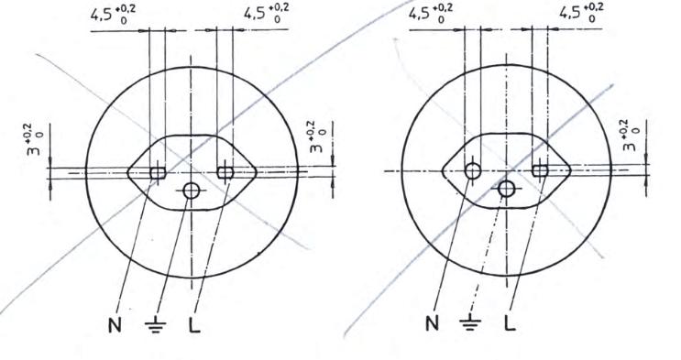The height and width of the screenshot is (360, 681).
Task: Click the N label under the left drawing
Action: pos(115,325)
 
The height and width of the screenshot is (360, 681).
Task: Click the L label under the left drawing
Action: pos(194,325)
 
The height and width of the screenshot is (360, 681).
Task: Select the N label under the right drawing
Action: pos(432,323)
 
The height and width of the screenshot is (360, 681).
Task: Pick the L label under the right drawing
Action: pos(511,323)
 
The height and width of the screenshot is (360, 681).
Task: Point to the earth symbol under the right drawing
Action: pos(470,322)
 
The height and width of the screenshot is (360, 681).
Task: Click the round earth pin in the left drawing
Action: pos(191,191)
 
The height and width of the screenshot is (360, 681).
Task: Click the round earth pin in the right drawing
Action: pos(507,189)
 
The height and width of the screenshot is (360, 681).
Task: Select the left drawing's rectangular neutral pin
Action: pos(158,173)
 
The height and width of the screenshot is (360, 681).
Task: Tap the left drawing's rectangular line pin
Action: pos(225,173)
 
